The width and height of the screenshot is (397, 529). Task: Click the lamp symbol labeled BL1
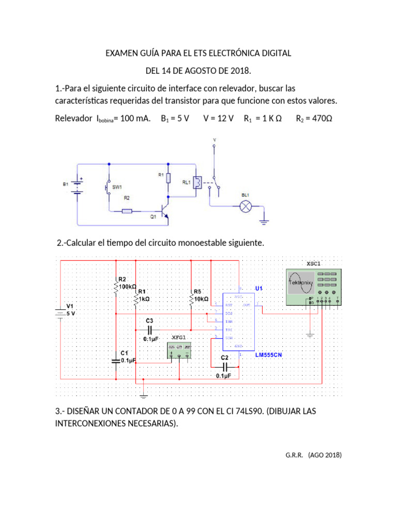point(246,207)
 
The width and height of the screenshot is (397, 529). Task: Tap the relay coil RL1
point(196,182)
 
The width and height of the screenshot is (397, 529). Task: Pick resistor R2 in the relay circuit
point(127,211)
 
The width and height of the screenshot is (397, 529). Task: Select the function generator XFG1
point(179,351)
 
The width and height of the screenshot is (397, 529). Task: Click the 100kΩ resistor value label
point(128,285)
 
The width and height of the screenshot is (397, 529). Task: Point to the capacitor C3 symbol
point(150,329)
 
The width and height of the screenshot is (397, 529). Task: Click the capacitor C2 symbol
point(224,366)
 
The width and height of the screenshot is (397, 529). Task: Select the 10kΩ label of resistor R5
point(201,299)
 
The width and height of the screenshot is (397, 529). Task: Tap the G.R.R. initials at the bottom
point(294,455)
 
